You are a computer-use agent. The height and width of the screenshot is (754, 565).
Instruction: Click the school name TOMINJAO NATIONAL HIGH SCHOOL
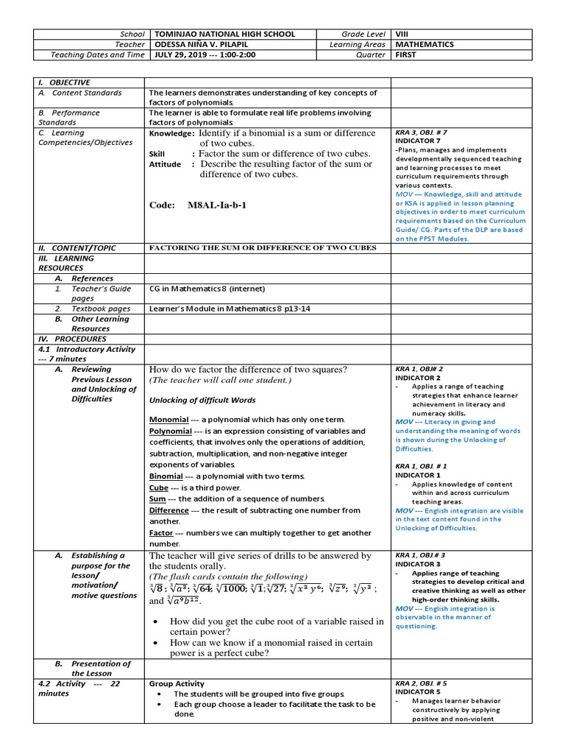point(223,34)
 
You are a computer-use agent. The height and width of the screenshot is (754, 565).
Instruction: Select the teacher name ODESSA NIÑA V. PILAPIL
point(207,44)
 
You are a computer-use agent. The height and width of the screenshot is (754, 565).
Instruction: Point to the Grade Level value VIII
point(402,34)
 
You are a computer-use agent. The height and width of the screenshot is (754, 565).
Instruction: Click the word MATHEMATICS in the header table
point(424,44)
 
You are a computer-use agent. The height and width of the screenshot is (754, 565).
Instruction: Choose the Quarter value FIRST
point(405,54)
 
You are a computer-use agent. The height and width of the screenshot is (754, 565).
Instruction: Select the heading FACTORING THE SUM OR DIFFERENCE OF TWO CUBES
point(263,247)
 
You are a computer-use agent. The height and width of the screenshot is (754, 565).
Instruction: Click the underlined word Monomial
point(168,419)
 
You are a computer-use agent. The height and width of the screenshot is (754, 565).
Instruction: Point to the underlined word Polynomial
point(170,431)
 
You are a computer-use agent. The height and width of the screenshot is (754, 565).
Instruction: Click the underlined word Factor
point(161,532)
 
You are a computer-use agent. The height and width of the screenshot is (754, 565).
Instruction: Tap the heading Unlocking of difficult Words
point(202,400)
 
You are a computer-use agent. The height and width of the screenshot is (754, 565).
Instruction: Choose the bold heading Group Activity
point(177,683)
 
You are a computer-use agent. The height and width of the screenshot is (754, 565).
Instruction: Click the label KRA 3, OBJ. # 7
point(422,133)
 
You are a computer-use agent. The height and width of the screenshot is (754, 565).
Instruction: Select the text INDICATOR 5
point(417,692)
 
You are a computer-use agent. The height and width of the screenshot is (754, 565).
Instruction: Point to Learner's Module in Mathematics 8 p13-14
point(230,309)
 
